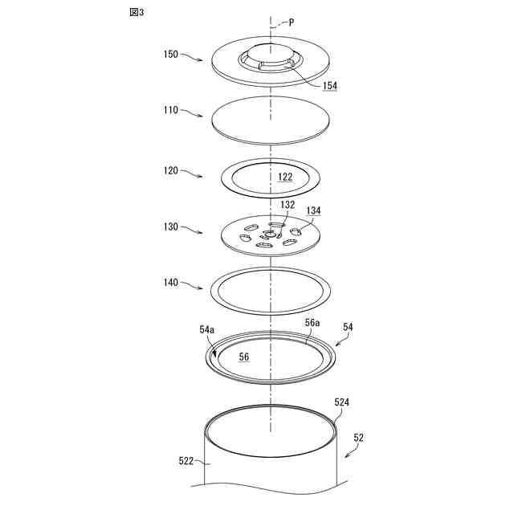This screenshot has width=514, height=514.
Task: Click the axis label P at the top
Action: pyautogui.click(x=291, y=23)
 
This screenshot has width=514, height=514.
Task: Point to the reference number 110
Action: pyautogui.click(x=171, y=113)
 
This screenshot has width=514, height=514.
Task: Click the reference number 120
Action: pyautogui.click(x=171, y=171)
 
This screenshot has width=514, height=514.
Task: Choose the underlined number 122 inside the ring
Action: pyautogui.click(x=285, y=177)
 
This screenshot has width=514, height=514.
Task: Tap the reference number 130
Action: pyautogui.click(x=171, y=227)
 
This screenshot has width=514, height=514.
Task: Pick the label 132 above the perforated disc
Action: pyautogui.click(x=288, y=204)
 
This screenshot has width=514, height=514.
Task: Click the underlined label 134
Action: pyautogui.click(x=313, y=210)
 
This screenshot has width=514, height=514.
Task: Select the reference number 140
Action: pyautogui.click(x=171, y=284)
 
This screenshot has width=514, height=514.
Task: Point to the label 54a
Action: pyautogui.click(x=206, y=330)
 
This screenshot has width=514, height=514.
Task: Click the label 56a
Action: pyautogui.click(x=312, y=322)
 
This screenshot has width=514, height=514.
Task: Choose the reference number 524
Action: pyautogui.click(x=341, y=402)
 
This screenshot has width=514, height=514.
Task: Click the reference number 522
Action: pyautogui.click(x=186, y=461)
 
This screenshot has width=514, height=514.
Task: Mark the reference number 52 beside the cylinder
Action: pyautogui.click(x=358, y=438)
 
